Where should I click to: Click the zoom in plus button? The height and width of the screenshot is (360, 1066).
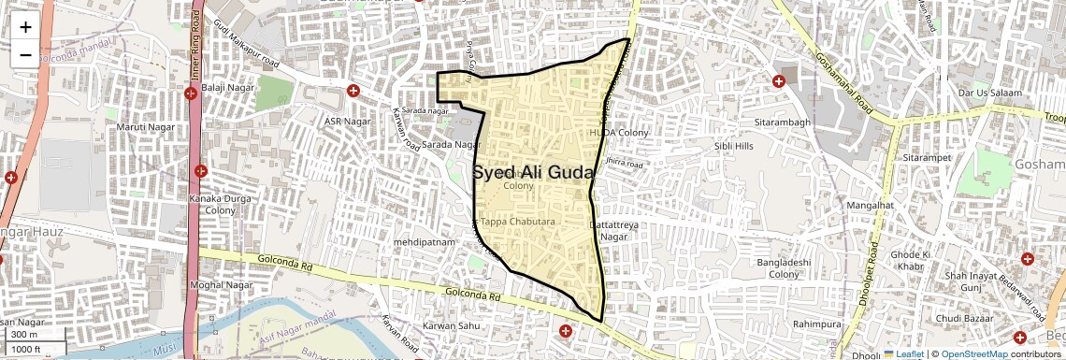[25, 26]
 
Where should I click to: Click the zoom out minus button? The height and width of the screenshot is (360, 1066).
[25, 54]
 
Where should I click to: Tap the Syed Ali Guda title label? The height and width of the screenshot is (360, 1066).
[533, 173]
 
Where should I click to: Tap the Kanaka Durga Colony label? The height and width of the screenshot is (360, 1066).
[221, 204]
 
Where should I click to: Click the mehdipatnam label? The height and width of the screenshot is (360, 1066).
[424, 241]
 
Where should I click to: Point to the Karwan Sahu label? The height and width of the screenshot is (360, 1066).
[452, 325]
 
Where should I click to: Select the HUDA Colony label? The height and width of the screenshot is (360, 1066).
[618, 133]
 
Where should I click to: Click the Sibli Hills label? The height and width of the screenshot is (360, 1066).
[734, 146]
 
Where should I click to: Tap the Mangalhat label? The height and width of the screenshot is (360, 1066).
[869, 204]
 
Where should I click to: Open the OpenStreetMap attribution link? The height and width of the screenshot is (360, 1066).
[973, 353]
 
